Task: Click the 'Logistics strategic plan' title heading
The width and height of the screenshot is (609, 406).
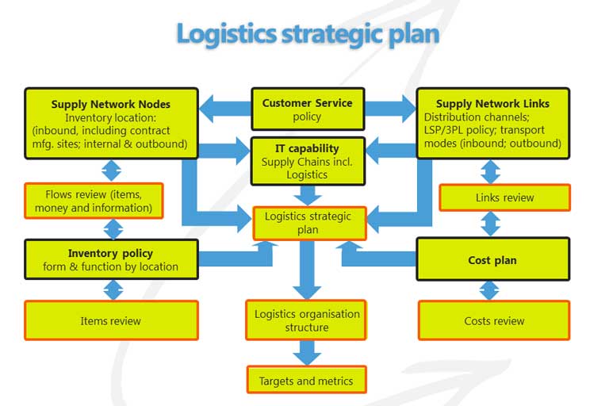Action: pyautogui.click(x=308, y=35)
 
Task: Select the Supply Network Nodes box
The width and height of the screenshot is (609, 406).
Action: pyautogui.click(x=112, y=123)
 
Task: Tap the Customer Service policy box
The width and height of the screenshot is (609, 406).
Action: pyautogui.click(x=308, y=109)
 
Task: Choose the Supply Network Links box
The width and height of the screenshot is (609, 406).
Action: pyautogui.click(x=493, y=123)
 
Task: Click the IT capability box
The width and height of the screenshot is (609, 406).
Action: pyautogui.click(x=308, y=161)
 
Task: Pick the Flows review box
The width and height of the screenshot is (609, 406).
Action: pyautogui.click(x=94, y=201)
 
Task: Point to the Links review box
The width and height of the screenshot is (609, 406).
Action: pyautogui.click(x=504, y=197)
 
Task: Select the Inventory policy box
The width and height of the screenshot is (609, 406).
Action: pyautogui.click(x=112, y=259)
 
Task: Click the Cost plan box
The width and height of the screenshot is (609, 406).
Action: pyautogui.click(x=493, y=259)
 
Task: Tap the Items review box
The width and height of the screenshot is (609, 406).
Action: pyautogui.click(x=112, y=320)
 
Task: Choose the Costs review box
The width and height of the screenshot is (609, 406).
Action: pyautogui.click(x=494, y=320)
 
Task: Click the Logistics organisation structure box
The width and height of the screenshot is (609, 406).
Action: pyautogui.click(x=306, y=320)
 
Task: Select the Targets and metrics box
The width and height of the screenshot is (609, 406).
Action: pyautogui.click(x=306, y=380)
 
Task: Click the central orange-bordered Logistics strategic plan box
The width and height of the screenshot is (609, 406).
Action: pyautogui.click(x=309, y=223)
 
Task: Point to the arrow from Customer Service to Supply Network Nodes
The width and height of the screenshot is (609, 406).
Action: pyautogui.click(x=225, y=109)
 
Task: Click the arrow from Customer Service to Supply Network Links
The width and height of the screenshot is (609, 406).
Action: pyautogui.click(x=390, y=109)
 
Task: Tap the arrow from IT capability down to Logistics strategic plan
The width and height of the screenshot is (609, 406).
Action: pyautogui.click(x=308, y=195)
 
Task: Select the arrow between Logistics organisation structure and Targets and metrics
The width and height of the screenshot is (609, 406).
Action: pyautogui.click(x=307, y=353)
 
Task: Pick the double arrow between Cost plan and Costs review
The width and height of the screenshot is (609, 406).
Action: pyautogui.click(x=489, y=290)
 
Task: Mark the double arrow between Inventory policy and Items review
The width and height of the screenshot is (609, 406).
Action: pyautogui.click(x=113, y=290)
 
